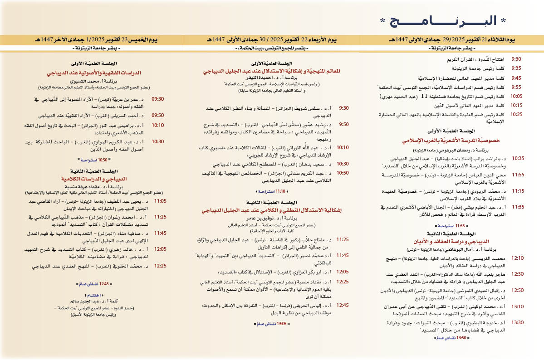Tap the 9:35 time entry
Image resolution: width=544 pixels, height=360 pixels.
coord(516,68)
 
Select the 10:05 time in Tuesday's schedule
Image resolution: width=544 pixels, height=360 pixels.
coord(516,97)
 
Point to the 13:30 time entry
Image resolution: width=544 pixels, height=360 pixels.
coord(517,322)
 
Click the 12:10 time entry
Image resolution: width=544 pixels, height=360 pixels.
coord(517,258)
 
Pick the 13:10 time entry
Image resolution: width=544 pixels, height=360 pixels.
coord(517,306)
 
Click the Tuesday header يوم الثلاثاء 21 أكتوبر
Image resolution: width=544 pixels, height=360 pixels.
coord(451,40)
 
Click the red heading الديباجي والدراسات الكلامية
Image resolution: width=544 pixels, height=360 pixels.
coord(93,178)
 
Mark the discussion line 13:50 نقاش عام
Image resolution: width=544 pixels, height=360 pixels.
coord(449,338)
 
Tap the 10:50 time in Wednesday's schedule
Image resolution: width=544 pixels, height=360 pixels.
coord(343,173)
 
